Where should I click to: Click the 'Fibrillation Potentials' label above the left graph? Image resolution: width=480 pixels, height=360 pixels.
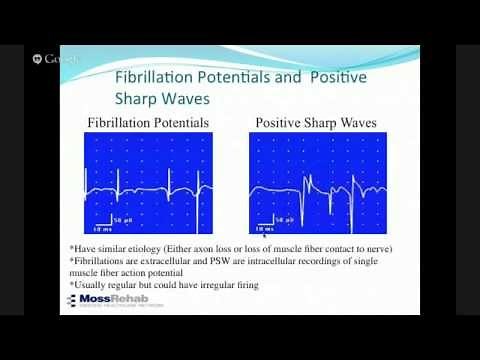point(148,123)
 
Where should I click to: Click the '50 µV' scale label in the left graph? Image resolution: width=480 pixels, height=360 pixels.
point(123,217)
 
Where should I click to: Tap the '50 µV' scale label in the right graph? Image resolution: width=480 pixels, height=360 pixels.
point(292,218)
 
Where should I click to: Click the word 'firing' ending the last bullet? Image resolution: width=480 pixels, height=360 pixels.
point(244,285)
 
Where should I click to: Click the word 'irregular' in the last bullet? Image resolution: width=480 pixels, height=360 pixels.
point(207,285)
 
